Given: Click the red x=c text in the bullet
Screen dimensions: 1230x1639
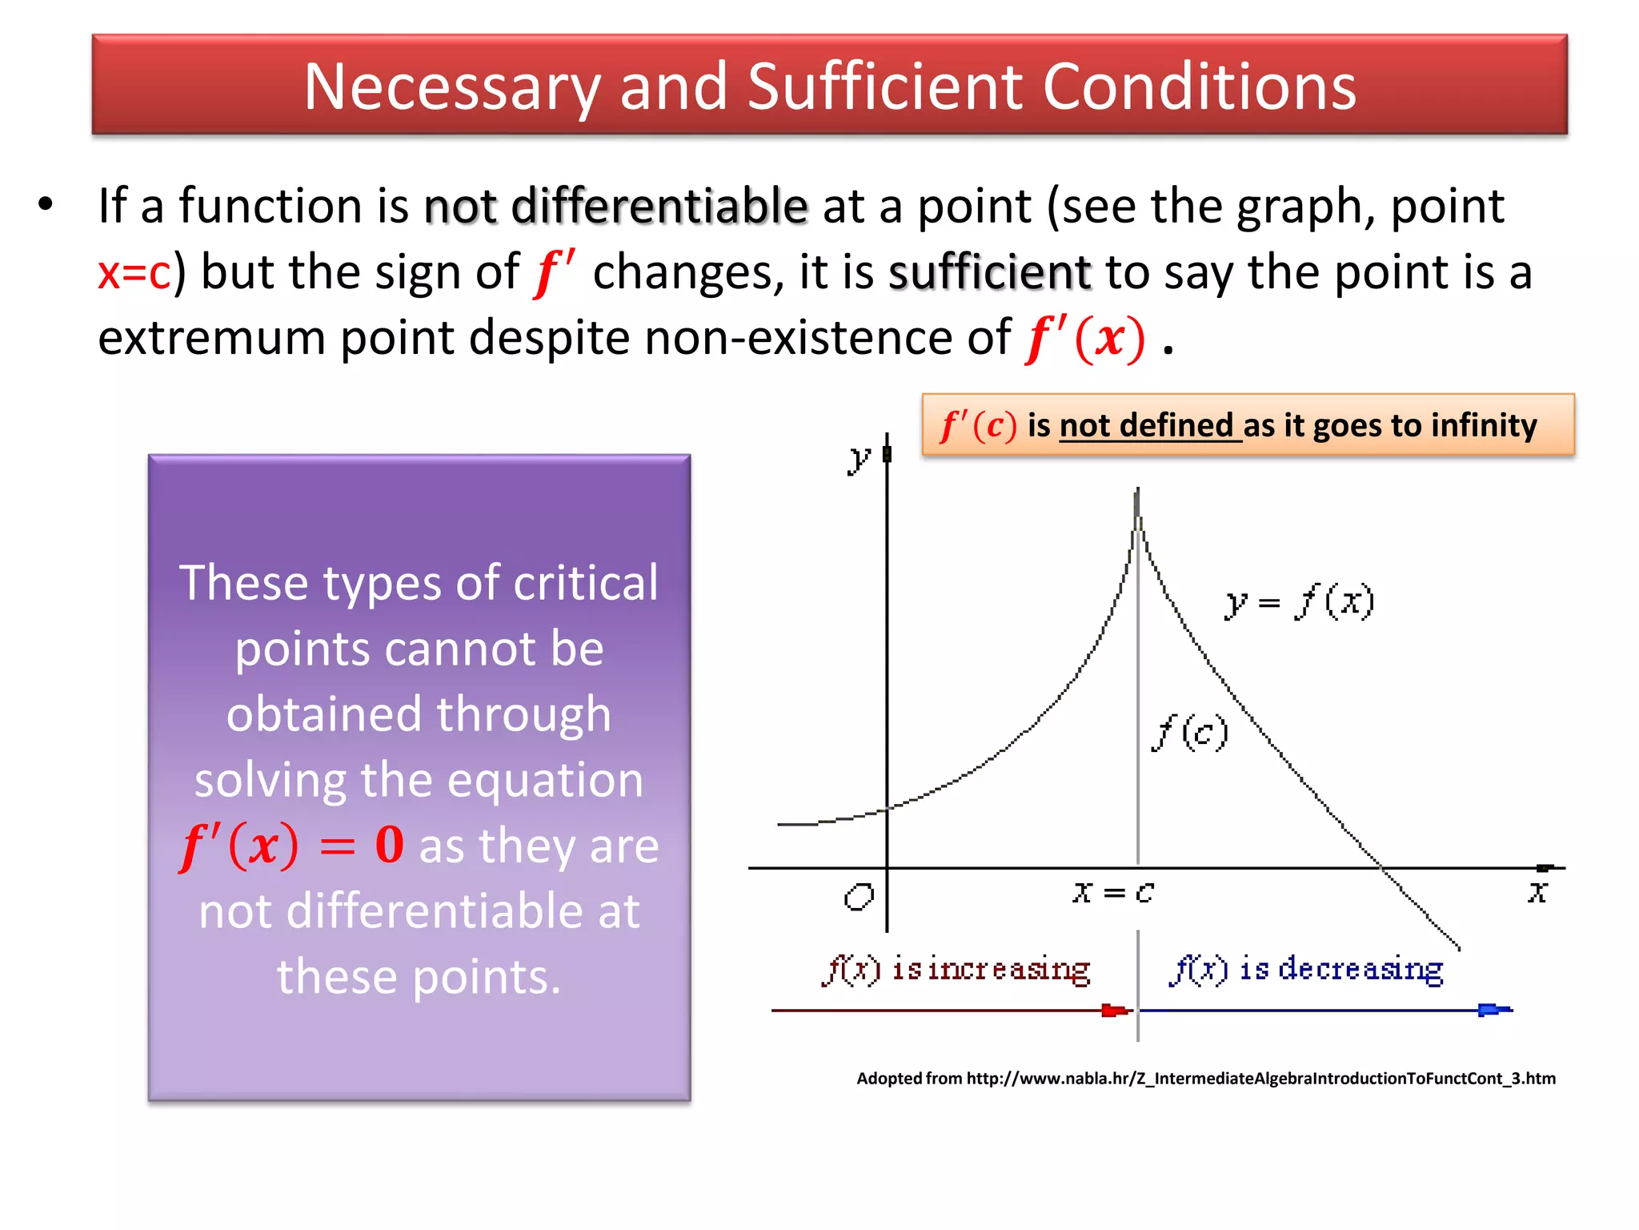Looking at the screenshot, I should [x=134, y=272].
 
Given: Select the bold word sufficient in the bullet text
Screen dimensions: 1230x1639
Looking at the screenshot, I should [x=989, y=272].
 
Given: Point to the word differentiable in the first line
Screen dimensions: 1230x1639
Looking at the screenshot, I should [x=659, y=206].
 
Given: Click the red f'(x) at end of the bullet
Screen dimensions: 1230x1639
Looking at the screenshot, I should [x=1085, y=338].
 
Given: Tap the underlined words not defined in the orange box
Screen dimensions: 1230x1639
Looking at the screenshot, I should [x=1146, y=425].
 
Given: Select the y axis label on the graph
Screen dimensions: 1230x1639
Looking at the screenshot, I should [x=859, y=459].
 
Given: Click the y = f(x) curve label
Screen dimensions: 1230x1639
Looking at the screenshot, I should [x=1298, y=602].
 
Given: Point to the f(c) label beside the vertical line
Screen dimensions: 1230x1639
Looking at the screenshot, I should [x=1189, y=732].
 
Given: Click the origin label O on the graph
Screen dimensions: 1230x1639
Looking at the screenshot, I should [x=859, y=896].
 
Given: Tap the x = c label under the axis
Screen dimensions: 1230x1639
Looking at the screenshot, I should [x=1113, y=891].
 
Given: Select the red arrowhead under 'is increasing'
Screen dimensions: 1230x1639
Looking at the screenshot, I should [x=1114, y=1011].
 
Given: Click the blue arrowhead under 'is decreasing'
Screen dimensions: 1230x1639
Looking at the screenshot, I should [x=1491, y=1010].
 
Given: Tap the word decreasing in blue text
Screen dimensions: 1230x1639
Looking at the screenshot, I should [x=1360, y=969].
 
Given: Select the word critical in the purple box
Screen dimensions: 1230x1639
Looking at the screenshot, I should [x=585, y=582].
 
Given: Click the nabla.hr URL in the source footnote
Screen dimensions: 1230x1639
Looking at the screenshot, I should [x=1260, y=1079].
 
